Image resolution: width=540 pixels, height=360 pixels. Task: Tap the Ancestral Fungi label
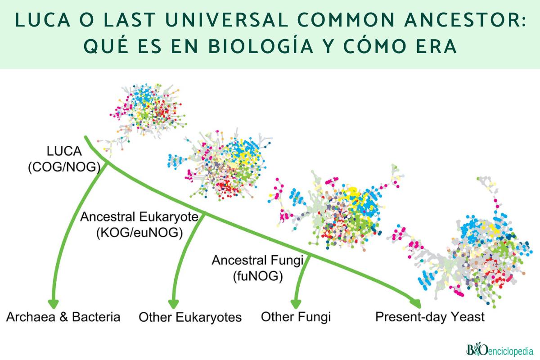tap(258, 260)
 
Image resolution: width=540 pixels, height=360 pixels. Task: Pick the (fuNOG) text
tap(258, 276)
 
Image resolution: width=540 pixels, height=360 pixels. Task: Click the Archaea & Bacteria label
tap(63, 317)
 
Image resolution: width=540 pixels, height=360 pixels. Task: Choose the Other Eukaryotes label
tap(190, 317)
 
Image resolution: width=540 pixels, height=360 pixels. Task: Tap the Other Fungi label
tap(296, 317)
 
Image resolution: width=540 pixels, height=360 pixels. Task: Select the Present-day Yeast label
tap(430, 317)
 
